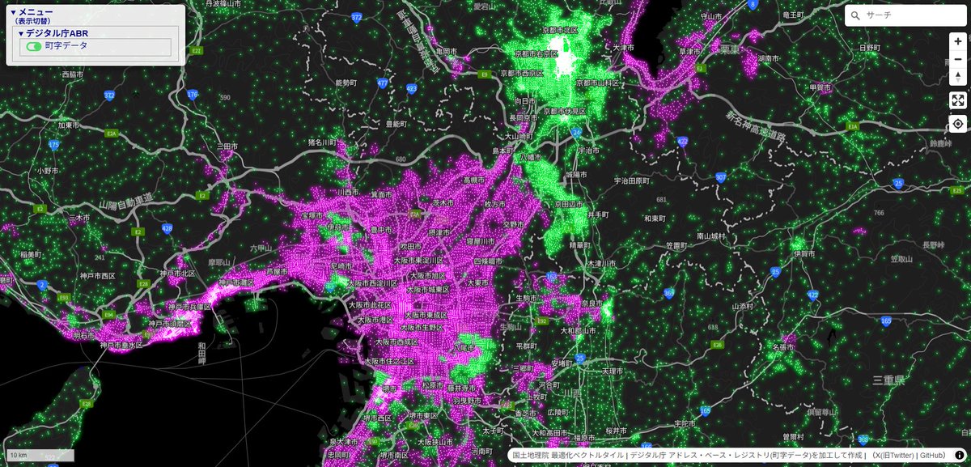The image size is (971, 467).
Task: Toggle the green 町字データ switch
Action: point(34,47)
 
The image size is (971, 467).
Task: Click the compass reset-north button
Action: point(958,77)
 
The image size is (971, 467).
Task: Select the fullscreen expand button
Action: point(958,100)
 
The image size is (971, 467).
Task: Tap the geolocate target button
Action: point(958,124)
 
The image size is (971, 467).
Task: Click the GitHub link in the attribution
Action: point(932,456)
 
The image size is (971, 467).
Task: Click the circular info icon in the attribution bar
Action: point(960,456)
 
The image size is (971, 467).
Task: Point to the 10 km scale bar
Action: point(40,456)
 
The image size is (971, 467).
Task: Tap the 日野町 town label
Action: point(869,48)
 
